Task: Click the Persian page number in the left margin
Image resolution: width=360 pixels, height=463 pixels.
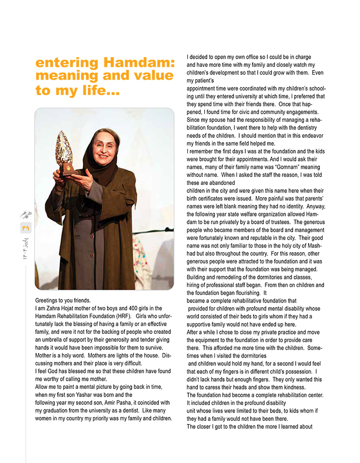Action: pos(26,226)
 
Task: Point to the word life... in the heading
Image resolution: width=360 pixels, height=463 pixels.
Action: pos(99,91)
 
